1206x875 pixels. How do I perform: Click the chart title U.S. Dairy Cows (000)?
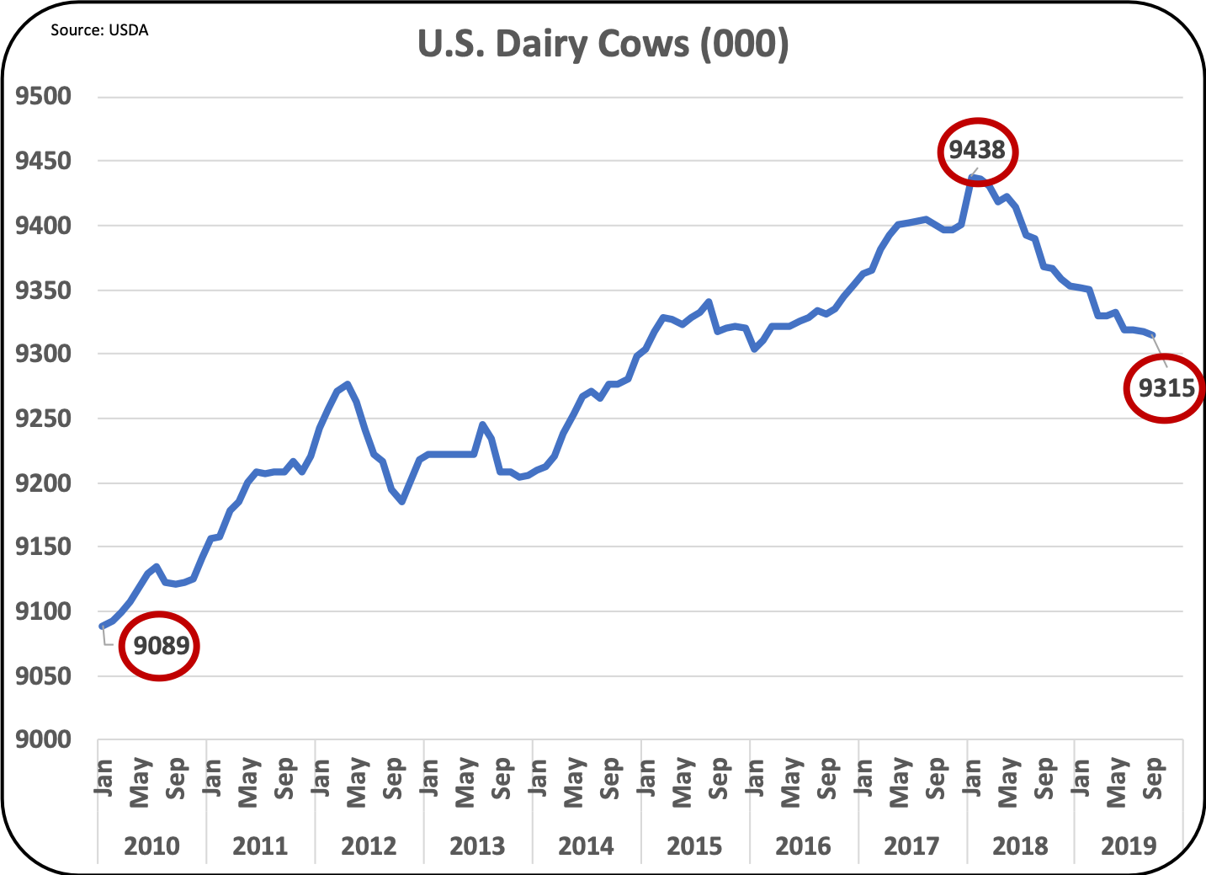[603, 44]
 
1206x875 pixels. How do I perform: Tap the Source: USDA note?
[99, 30]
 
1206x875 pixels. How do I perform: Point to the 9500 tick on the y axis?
[44, 96]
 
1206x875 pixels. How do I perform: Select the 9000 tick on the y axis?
[44, 739]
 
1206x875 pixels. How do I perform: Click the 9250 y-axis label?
[44, 419]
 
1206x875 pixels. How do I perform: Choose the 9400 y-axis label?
[44, 226]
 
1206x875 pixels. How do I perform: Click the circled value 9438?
[977, 151]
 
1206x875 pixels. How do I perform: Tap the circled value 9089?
[160, 646]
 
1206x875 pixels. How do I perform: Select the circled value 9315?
[1166, 387]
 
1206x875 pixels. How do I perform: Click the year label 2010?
[152, 846]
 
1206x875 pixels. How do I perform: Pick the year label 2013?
[478, 846]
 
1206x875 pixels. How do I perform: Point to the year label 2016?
[804, 846]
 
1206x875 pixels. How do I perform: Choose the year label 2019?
[1129, 846]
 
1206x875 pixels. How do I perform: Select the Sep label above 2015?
[720, 778]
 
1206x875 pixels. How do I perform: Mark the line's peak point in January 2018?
[973, 178]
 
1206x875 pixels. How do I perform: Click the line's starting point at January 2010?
[102, 627]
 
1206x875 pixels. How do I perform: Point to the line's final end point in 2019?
[1153, 335]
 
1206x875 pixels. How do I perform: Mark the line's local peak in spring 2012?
[348, 384]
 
